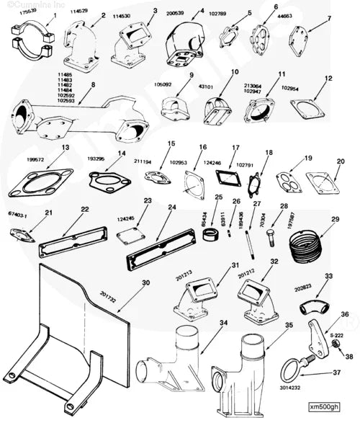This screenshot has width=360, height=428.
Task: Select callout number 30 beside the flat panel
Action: click(x=146, y=282)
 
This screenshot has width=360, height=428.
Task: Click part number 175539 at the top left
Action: click(x=24, y=12)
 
